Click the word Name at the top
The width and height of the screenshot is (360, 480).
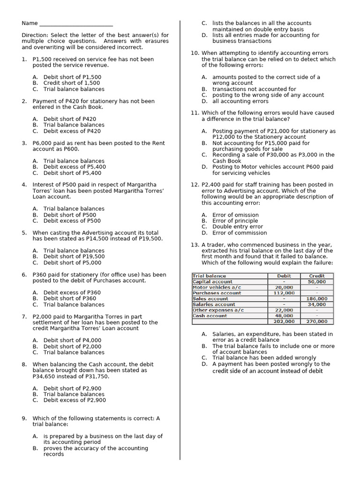click(x=29, y=23)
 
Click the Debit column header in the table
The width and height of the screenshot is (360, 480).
click(x=284, y=276)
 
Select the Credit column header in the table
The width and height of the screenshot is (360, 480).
click(x=317, y=276)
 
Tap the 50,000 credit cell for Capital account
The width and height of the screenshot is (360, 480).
click(x=317, y=282)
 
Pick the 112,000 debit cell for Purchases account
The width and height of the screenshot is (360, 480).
click(x=284, y=293)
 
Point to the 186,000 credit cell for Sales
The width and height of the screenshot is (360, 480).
click(x=317, y=299)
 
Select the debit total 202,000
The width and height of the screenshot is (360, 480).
click(x=284, y=322)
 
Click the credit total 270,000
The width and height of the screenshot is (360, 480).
click(x=317, y=322)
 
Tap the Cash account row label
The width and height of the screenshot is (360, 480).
click(x=210, y=315)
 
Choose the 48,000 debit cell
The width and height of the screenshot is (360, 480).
click(x=284, y=315)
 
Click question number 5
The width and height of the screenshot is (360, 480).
click(x=24, y=232)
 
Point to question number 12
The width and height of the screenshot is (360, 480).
click(x=195, y=185)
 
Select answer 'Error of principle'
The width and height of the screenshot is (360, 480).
click(x=235, y=221)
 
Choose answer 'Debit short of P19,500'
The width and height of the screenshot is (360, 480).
click(x=74, y=256)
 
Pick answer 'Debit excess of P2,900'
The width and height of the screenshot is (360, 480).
click(x=75, y=400)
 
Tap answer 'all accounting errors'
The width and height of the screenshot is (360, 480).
click(x=240, y=101)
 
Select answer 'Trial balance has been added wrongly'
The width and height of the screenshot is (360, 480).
click(x=264, y=358)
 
